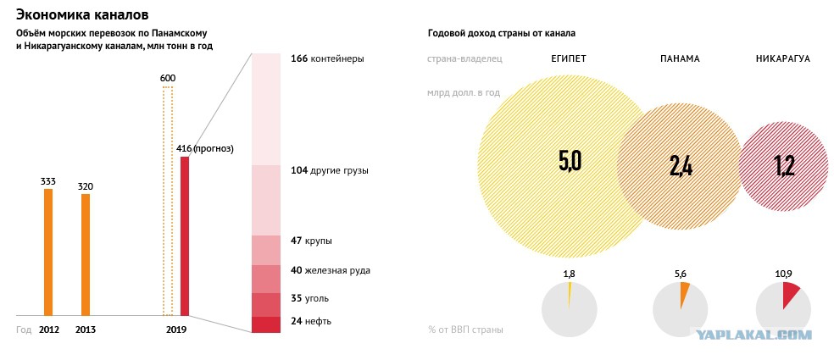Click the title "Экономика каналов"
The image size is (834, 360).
tap(83, 15)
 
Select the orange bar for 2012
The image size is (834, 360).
tap(48, 252)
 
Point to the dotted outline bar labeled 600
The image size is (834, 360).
tap(167, 203)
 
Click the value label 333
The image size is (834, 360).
tap(48, 180)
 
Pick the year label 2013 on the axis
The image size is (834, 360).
tap(86, 330)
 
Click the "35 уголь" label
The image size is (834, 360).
tap(315, 298)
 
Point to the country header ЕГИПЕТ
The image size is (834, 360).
tap(568, 59)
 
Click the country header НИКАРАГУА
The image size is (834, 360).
tap(782, 59)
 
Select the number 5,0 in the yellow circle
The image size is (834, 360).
tap(570, 161)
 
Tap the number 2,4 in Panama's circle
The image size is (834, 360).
tap(681, 165)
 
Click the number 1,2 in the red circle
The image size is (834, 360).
tap(784, 165)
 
